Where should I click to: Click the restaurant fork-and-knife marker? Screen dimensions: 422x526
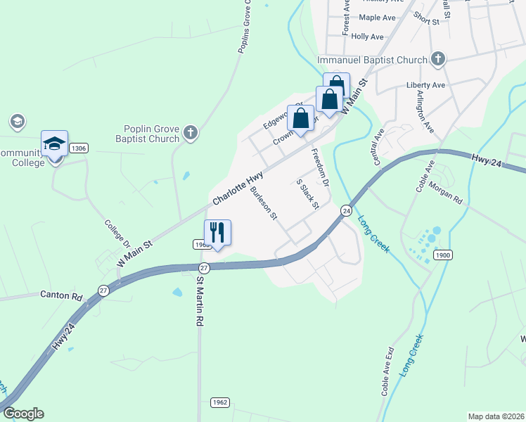point(217,232)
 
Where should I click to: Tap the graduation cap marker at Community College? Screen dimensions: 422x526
point(54,144)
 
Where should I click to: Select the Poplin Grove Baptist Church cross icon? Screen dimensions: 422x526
point(190,133)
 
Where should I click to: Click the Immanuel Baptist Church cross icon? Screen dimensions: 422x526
point(437,59)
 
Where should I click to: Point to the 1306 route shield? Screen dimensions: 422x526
point(79,148)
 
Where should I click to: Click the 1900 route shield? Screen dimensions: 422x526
point(442,255)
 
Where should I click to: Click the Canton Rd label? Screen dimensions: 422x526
point(61,295)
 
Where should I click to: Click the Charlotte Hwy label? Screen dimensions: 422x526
point(238,188)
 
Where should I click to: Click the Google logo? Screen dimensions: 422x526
point(23,414)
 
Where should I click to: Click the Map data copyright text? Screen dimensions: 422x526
point(495,416)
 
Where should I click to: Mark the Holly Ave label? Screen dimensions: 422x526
point(367,37)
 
